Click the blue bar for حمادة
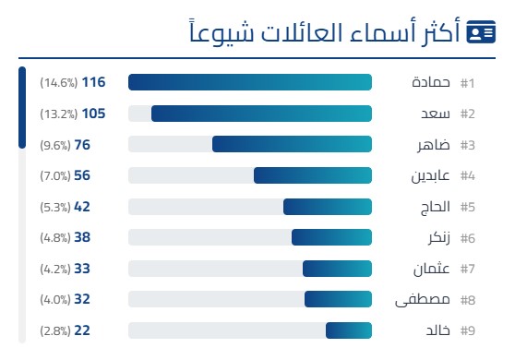pyautogui.click(x=249, y=83)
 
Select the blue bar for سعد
pyautogui.click(x=261, y=114)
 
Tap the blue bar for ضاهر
pyautogui.click(x=292, y=145)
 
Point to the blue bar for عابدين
pyautogui.click(x=313, y=175)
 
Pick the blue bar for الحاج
pyautogui.click(x=328, y=207)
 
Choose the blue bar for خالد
pyautogui.click(x=349, y=330)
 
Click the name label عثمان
pyautogui.click(x=430, y=269)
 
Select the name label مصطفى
pyautogui.click(x=422, y=300)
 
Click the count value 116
pyautogui.click(x=94, y=83)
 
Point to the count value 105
pyautogui.click(x=94, y=114)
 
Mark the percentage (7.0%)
pyautogui.click(x=54, y=175)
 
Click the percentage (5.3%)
pyautogui.click(x=54, y=207)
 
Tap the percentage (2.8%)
pyautogui.click(x=54, y=330)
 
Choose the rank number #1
pyautogui.click(x=467, y=83)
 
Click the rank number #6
pyautogui.click(x=467, y=237)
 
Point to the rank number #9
pyautogui.click(x=467, y=330)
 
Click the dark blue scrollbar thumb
pyautogui.click(x=22, y=107)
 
